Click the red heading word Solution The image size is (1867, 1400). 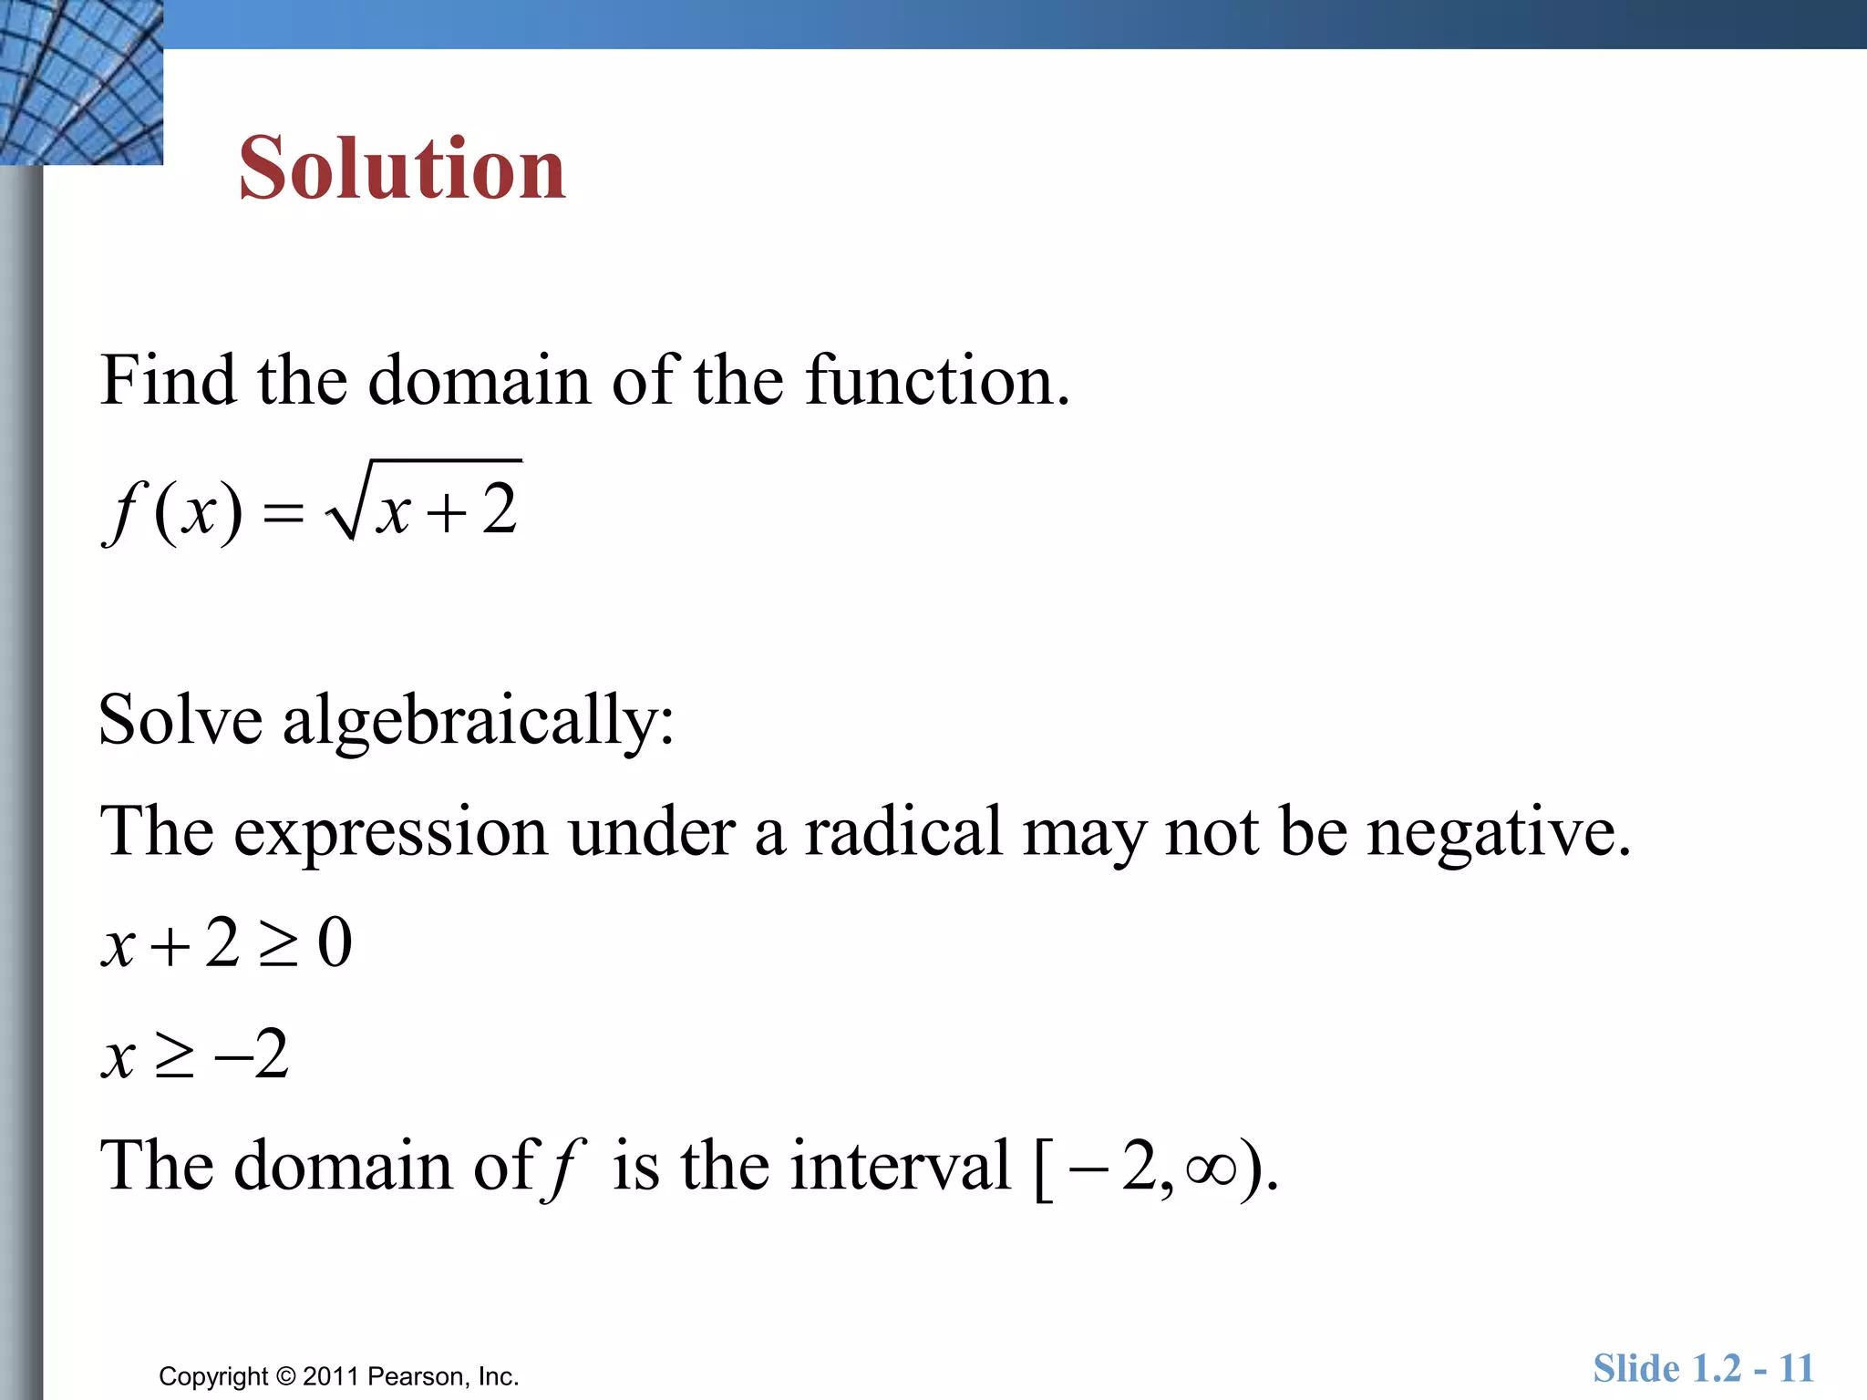[x=402, y=170]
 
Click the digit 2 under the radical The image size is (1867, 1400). [x=500, y=510]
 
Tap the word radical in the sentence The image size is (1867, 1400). [x=902, y=832]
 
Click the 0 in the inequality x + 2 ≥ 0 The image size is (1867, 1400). [x=335, y=944]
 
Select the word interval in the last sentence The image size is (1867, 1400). [x=901, y=1166]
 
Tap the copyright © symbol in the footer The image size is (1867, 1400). [x=286, y=1376]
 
